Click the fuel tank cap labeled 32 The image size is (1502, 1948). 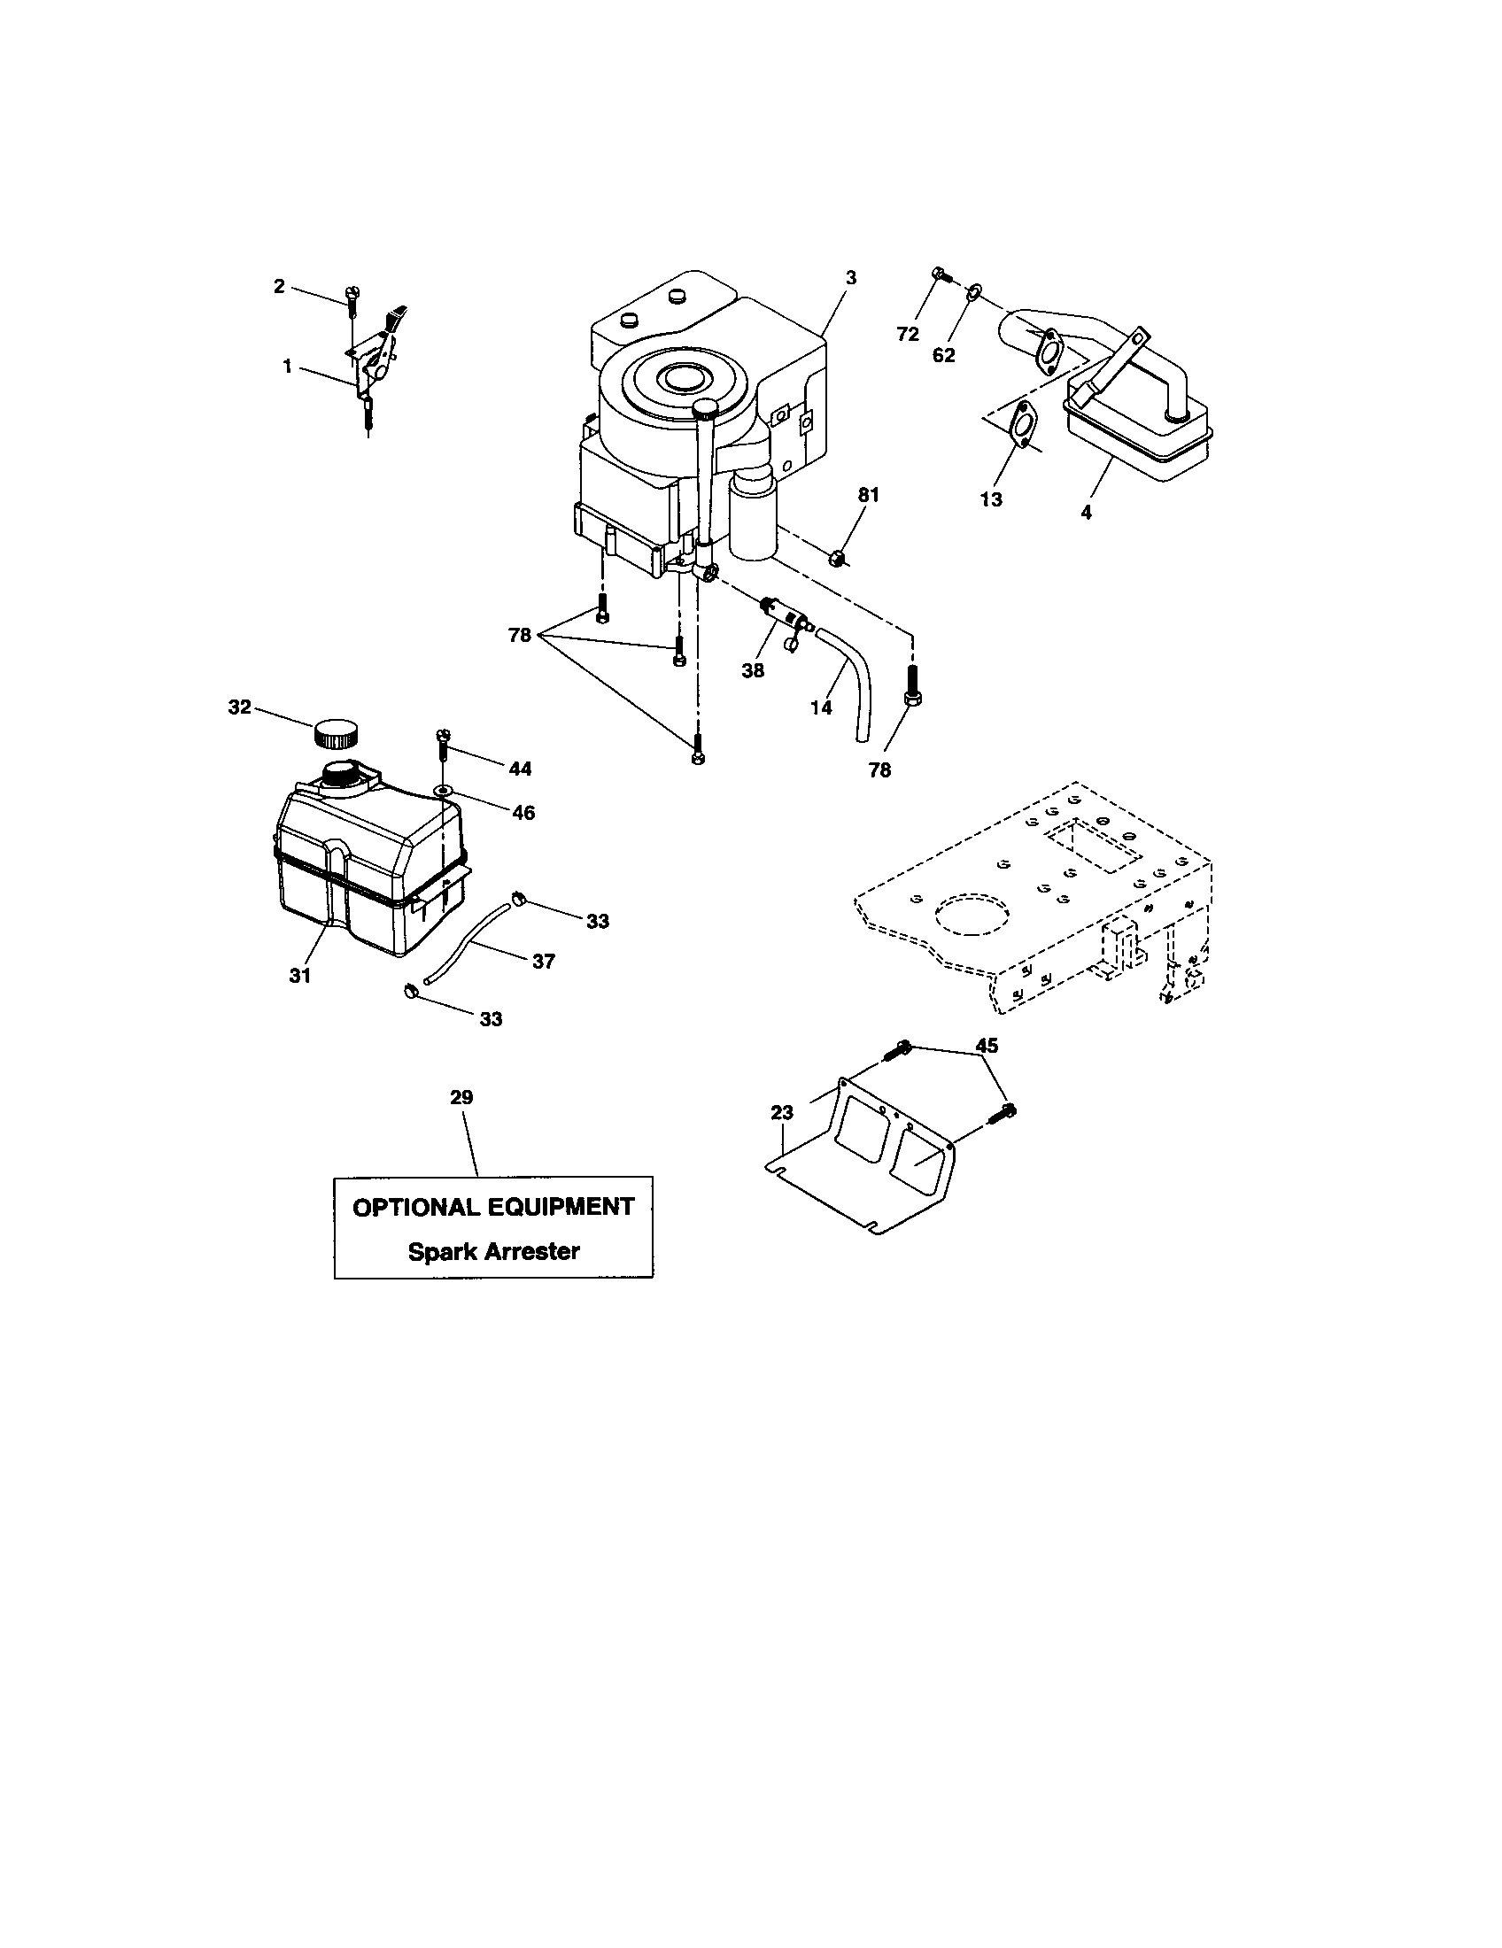[337, 734]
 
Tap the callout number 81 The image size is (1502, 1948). [868, 495]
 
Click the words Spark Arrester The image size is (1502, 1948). [493, 1251]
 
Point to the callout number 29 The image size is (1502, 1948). [461, 1098]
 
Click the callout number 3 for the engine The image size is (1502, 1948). [851, 278]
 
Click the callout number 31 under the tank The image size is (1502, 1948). [299, 976]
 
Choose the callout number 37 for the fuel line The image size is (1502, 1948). [543, 962]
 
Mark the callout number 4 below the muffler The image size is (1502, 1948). [1086, 513]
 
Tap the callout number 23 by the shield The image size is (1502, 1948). [781, 1112]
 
